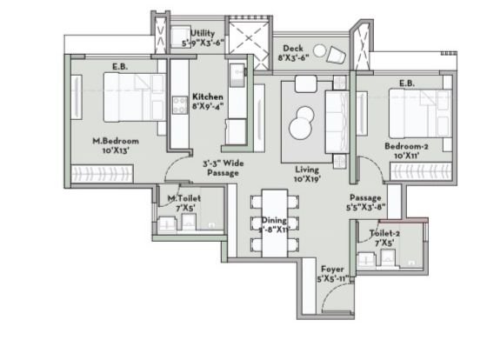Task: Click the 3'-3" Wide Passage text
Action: [222, 167]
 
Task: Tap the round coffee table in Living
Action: [304, 122]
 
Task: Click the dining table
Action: [275, 222]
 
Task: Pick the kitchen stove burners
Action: [237, 73]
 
